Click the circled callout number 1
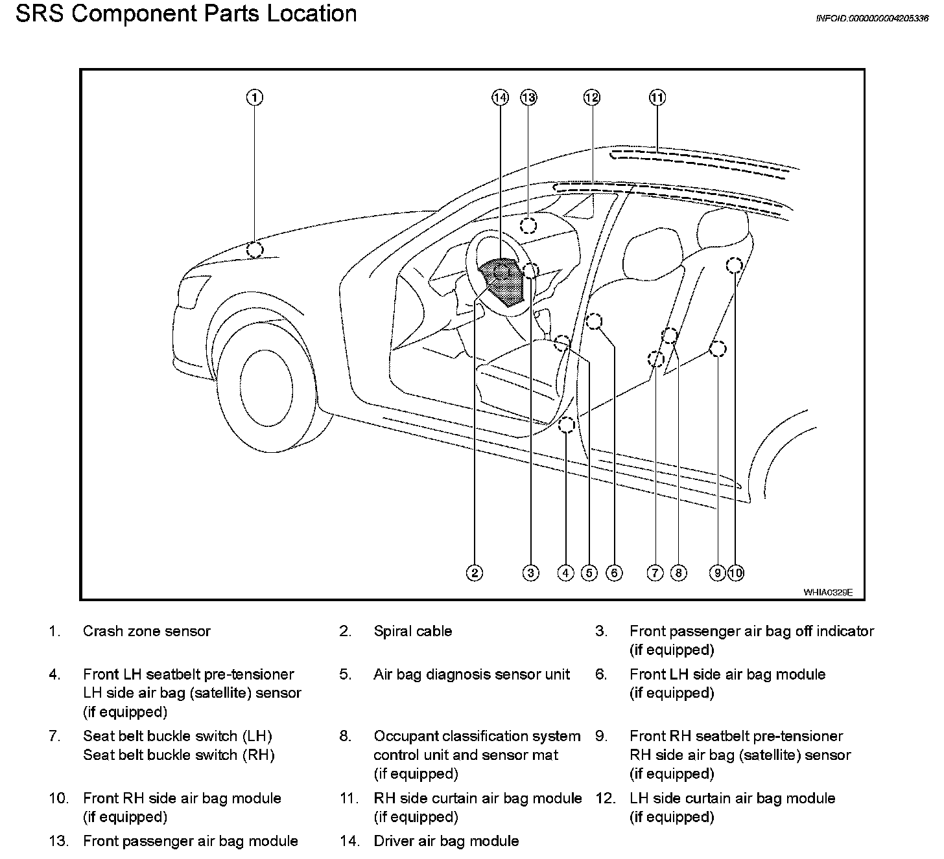pyautogui.click(x=255, y=98)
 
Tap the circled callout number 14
pyautogui.click(x=500, y=98)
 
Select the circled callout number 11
pyautogui.click(x=657, y=98)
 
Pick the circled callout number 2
pyautogui.click(x=475, y=573)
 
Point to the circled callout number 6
pyautogui.click(x=613, y=573)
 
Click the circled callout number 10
pyautogui.click(x=736, y=573)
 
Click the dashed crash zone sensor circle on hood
pyautogui.click(x=255, y=249)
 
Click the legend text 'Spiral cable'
pyautogui.click(x=412, y=631)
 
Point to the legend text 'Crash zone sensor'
pyautogui.click(x=147, y=631)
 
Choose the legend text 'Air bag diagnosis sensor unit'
pyautogui.click(x=471, y=674)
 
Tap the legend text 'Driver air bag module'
pyautogui.click(x=446, y=841)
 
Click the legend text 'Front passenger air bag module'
pyautogui.click(x=191, y=841)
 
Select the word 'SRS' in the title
pyautogui.click(x=40, y=14)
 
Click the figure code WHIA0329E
pyautogui.click(x=828, y=592)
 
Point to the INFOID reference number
pyautogui.click(x=871, y=19)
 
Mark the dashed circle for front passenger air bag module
pyautogui.click(x=529, y=225)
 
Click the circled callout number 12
pyautogui.click(x=591, y=98)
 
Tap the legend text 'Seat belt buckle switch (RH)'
pyautogui.click(x=178, y=755)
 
